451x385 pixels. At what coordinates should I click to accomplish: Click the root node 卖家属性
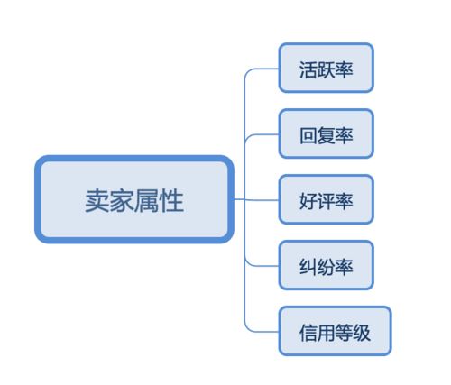(x=133, y=199)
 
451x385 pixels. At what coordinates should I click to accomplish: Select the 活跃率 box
(x=325, y=68)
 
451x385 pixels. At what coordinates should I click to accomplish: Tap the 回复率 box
(x=325, y=133)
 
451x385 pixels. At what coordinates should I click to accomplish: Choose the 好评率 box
(x=325, y=199)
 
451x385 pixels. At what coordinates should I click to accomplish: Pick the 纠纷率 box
(x=325, y=265)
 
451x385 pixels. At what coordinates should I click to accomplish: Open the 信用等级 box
(x=335, y=331)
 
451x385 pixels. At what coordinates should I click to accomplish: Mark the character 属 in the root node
(x=146, y=200)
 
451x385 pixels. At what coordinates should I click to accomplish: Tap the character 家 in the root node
(x=122, y=200)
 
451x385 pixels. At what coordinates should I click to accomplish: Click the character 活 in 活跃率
(x=307, y=69)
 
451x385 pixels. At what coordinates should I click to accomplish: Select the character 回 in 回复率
(x=307, y=134)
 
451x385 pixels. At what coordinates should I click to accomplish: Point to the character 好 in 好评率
(x=307, y=200)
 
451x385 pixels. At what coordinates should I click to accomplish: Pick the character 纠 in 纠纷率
(x=307, y=266)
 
